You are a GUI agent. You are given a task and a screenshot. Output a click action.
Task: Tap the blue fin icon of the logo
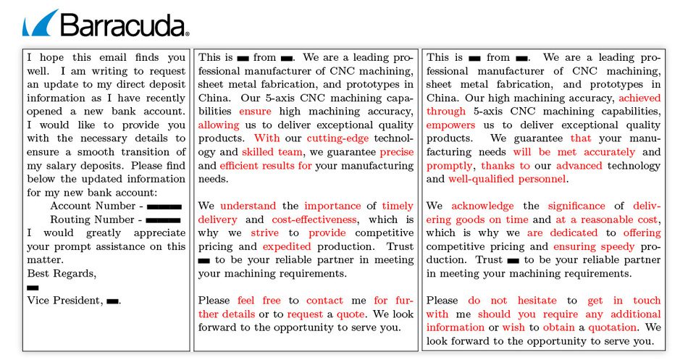point(40,25)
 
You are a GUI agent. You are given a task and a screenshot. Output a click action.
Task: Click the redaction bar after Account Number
point(164,206)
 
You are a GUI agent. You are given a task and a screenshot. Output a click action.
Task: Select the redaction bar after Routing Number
point(164,219)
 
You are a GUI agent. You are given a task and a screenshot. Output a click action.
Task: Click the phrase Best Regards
point(61,273)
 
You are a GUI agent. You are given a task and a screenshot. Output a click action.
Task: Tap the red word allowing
point(219,125)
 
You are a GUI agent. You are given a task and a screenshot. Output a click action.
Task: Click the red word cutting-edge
point(337,138)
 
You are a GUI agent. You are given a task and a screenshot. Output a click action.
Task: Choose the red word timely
point(398,206)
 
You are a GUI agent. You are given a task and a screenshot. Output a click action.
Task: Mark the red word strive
point(264,233)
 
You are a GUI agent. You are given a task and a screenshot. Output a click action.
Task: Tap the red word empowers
point(450,125)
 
